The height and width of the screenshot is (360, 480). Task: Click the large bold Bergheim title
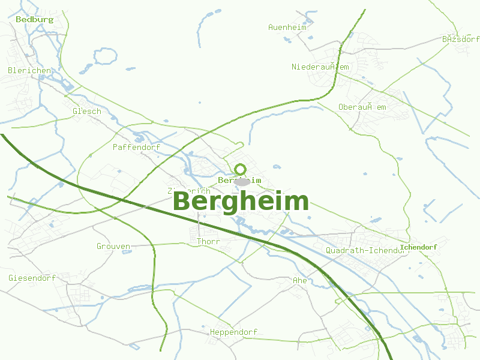click(241, 202)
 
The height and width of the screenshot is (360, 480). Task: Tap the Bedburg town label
click(34, 19)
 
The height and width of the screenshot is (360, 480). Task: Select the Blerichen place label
click(29, 70)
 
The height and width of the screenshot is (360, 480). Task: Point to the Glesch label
click(86, 111)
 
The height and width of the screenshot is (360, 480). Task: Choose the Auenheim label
click(287, 27)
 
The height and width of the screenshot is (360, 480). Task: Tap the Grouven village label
click(113, 246)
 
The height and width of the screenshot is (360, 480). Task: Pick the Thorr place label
click(209, 241)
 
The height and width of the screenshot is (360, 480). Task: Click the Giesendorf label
click(32, 278)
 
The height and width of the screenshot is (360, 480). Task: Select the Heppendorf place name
click(233, 332)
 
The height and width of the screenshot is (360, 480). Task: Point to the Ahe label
click(299, 280)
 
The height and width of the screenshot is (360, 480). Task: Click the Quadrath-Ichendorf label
click(366, 250)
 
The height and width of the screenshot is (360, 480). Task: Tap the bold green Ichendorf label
click(418, 247)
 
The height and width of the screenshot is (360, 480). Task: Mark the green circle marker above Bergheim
click(241, 169)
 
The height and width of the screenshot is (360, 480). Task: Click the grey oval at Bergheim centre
click(242, 181)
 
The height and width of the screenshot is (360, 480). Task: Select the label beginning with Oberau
click(362, 107)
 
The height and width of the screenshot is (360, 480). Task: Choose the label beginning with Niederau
click(320, 67)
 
